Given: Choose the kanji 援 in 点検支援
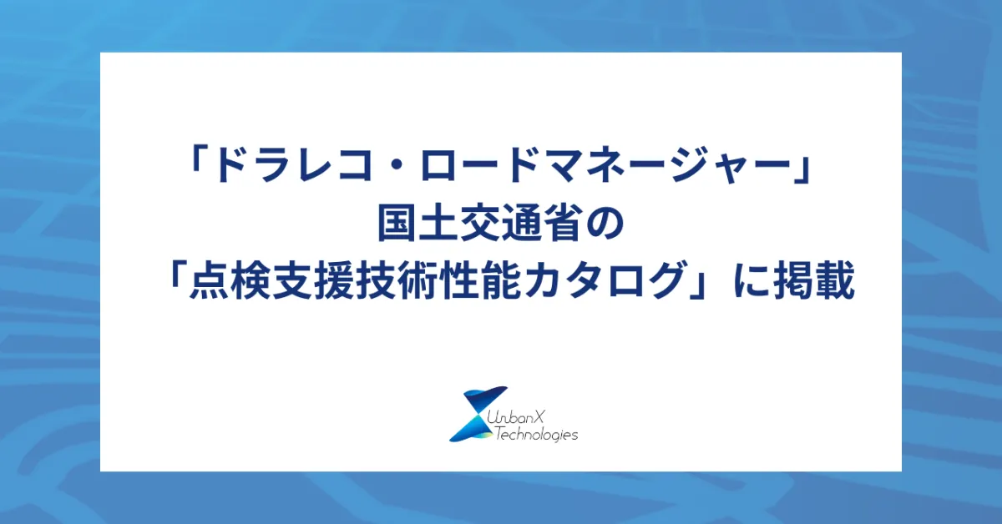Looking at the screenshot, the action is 334,280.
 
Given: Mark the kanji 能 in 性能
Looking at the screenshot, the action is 498,280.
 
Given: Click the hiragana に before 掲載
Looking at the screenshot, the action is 751,281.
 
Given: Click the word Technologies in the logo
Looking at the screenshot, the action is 536,435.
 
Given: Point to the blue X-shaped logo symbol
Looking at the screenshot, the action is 478,414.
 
